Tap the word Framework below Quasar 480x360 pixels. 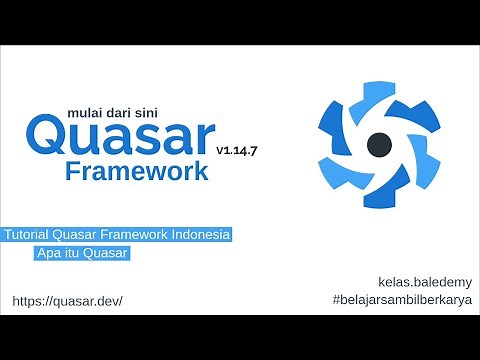pyautogui.click(x=137, y=171)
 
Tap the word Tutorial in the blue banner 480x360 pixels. pyautogui.click(x=31, y=234)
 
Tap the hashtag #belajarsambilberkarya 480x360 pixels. pyautogui.click(x=400, y=300)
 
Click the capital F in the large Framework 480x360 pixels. pyautogui.click(x=74, y=171)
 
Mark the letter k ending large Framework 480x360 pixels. pyautogui.click(x=201, y=171)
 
